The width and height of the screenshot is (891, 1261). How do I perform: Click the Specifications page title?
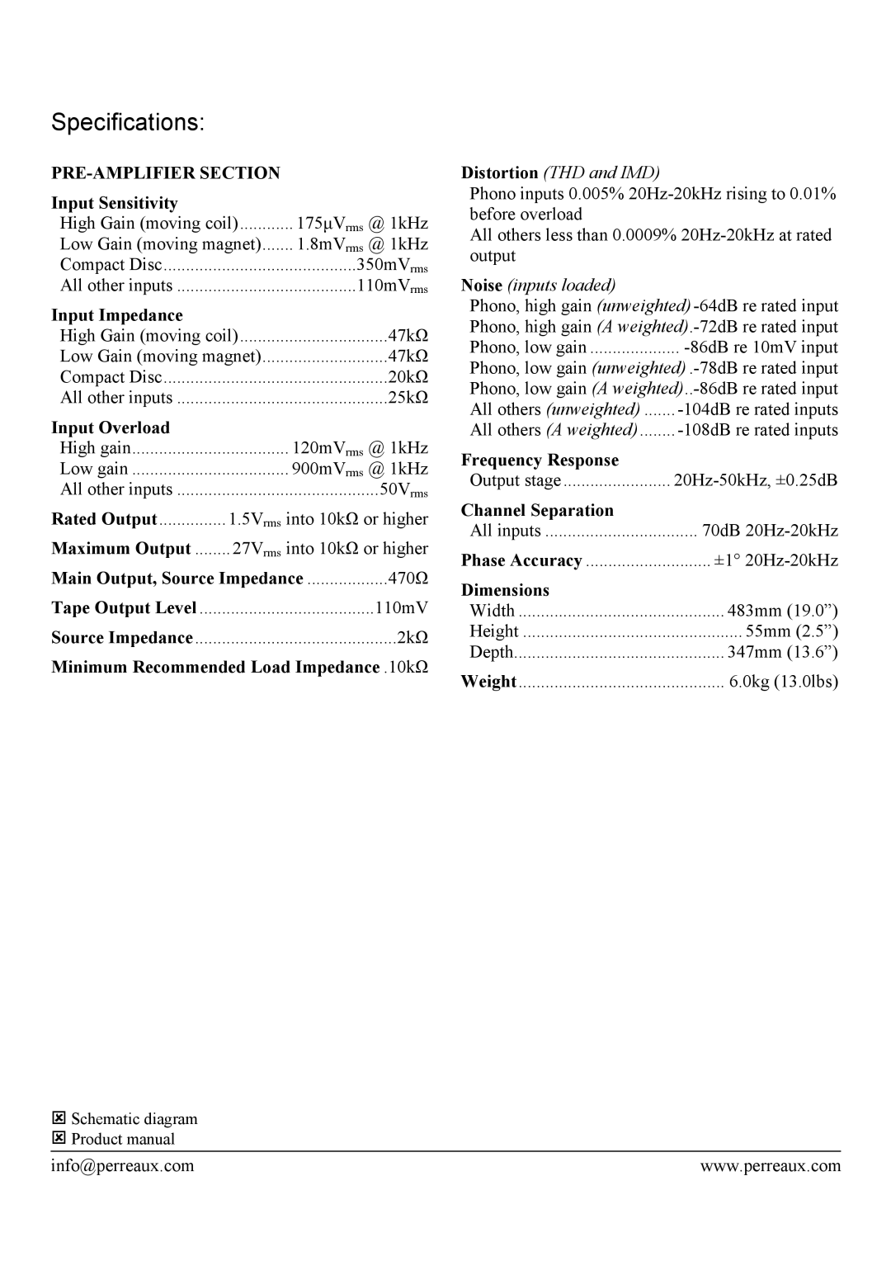pyautogui.click(x=129, y=123)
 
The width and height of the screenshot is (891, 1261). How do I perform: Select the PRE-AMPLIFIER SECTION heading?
pyautogui.click(x=166, y=173)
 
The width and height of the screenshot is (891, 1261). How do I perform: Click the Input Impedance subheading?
pyautogui.click(x=117, y=315)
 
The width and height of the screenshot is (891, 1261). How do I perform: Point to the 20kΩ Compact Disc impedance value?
pyautogui.click(x=408, y=377)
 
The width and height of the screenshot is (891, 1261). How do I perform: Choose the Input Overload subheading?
pyautogui.click(x=111, y=427)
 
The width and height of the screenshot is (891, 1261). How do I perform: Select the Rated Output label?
pyautogui.click(x=104, y=519)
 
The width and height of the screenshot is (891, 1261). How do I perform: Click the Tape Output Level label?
pyautogui.click(x=124, y=608)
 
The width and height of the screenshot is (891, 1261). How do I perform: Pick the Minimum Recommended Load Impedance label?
pyautogui.click(x=215, y=668)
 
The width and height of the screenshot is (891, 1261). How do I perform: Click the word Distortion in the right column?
pyautogui.click(x=499, y=173)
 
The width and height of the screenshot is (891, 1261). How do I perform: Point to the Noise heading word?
pyautogui.click(x=482, y=286)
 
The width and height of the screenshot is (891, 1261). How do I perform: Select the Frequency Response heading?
pyautogui.click(x=540, y=460)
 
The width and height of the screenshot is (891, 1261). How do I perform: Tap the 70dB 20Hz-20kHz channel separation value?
pyautogui.click(x=770, y=531)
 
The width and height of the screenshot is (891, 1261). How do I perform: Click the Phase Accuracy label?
pyautogui.click(x=521, y=560)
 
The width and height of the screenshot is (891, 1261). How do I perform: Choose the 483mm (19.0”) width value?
pyautogui.click(x=783, y=611)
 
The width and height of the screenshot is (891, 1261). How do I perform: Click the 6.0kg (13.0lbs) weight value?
pyautogui.click(x=784, y=682)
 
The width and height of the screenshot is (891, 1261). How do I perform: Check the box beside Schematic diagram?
pyautogui.click(x=59, y=1119)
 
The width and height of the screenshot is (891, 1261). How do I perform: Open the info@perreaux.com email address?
pyautogui.click(x=123, y=1166)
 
